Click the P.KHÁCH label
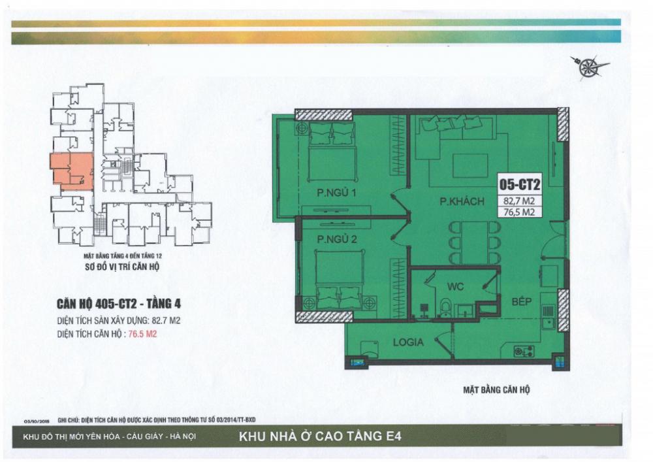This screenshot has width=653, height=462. click(x=462, y=202)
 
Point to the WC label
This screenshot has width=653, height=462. click(x=454, y=286)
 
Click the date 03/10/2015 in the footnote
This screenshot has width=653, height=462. click(x=38, y=421)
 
